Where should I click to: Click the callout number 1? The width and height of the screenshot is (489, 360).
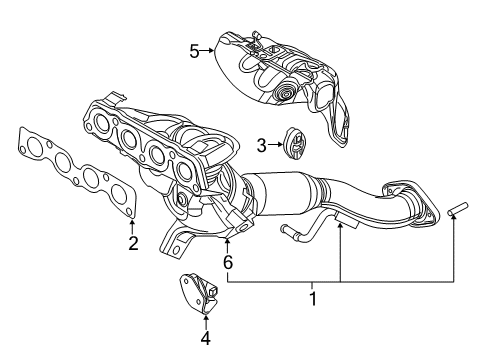312,297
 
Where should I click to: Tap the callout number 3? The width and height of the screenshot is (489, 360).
261,146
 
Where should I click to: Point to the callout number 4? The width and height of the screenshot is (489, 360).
206,337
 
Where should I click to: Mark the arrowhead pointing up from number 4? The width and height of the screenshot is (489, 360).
206,317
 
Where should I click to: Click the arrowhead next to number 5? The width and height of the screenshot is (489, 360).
213,47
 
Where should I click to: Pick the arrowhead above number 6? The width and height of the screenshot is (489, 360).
228,242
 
